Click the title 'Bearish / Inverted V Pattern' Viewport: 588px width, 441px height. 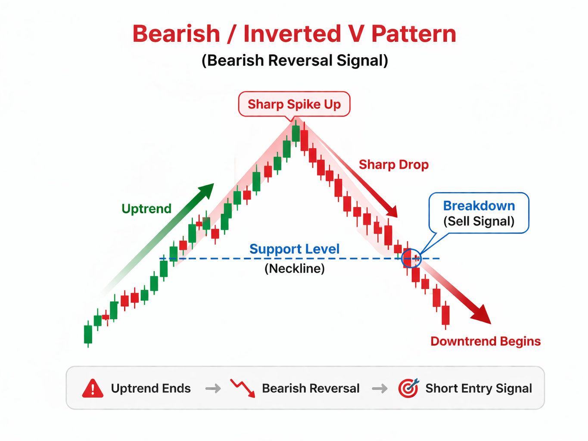(x=294, y=34)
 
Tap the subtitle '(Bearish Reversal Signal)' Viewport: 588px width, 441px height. (x=295, y=61)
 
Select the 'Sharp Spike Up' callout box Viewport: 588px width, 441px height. (x=294, y=104)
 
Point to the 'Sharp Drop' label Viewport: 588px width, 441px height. (x=394, y=165)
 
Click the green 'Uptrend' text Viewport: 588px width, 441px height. (x=146, y=209)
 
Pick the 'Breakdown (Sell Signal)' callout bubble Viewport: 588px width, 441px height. (x=479, y=213)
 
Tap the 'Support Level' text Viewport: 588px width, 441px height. (x=294, y=249)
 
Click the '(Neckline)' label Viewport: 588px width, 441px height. (x=294, y=269)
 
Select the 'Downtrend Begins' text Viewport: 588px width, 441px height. (x=485, y=341)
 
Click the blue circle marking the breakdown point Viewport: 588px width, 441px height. (x=411, y=258)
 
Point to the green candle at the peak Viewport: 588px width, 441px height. (x=296, y=133)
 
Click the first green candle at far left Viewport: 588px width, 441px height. (x=88, y=334)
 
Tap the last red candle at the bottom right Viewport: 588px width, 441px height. (x=445, y=315)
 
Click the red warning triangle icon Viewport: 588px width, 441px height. (x=93, y=388)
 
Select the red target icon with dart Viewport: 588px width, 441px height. (x=408, y=388)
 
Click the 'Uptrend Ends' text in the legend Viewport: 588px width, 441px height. (x=151, y=388)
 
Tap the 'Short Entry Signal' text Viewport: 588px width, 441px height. (x=479, y=388)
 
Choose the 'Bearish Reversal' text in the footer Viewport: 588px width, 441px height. (x=311, y=388)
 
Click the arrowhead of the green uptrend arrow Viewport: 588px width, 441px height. (x=207, y=189)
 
